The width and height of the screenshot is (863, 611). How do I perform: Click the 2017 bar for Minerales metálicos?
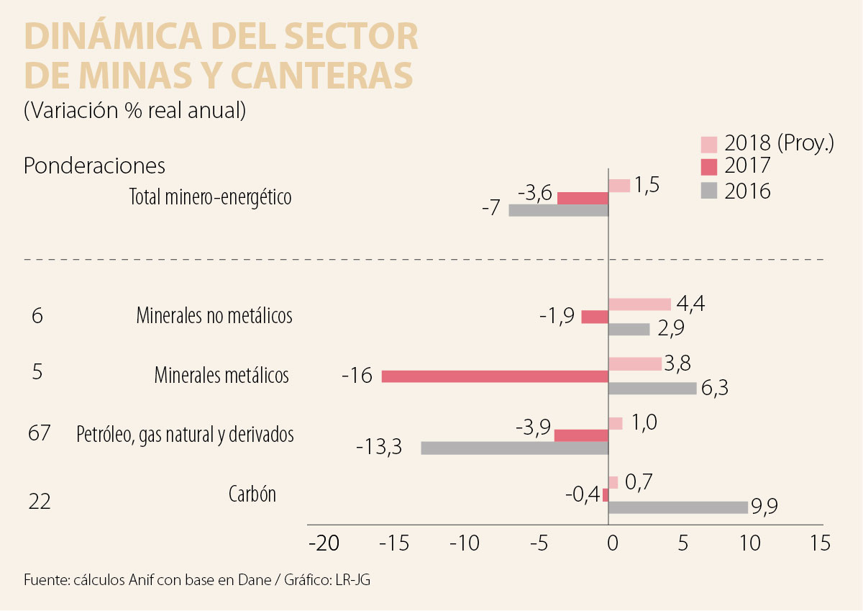click(495, 376)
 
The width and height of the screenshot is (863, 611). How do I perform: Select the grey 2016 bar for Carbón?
click(678, 507)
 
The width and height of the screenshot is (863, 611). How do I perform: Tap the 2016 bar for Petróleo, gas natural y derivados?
click(514, 448)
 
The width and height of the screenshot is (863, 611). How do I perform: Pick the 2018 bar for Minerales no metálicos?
click(639, 304)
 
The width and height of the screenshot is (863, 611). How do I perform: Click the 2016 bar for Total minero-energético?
click(558, 210)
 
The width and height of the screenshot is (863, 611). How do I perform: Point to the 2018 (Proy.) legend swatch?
click(709, 143)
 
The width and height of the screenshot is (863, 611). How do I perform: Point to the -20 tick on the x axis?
click(323, 543)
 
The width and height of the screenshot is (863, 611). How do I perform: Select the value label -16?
click(357, 376)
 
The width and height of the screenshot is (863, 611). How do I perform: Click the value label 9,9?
click(764, 507)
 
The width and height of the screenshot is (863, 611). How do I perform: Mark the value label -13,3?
click(378, 448)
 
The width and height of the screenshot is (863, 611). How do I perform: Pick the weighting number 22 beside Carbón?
click(40, 501)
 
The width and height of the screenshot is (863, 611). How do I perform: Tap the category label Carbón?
click(252, 494)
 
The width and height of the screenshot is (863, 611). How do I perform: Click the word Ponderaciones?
click(94, 166)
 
